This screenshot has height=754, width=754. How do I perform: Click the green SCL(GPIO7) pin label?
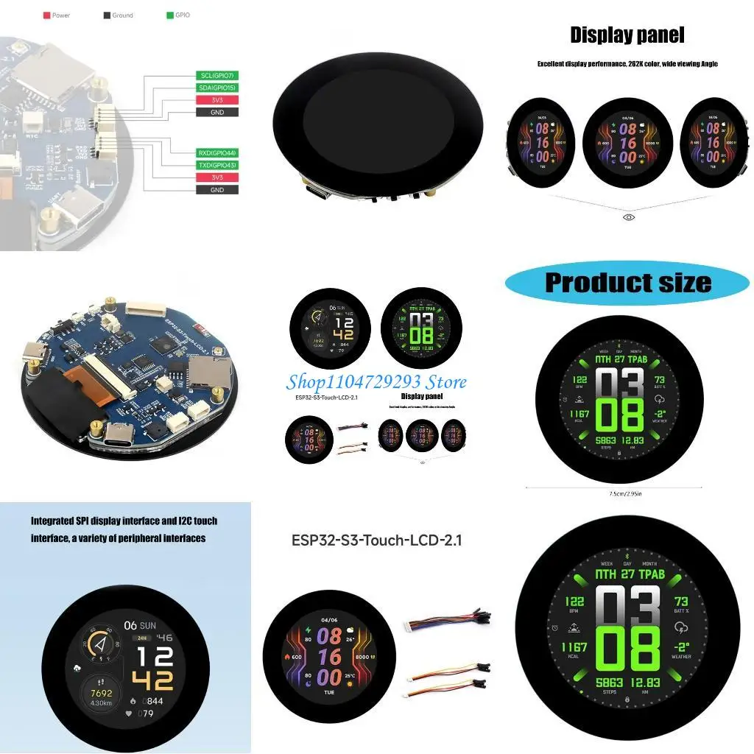pyautogui.click(x=217, y=75)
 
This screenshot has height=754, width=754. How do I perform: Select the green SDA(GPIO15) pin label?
pyautogui.click(x=217, y=88)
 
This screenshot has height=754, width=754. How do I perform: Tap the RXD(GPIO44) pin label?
pyautogui.click(x=217, y=153)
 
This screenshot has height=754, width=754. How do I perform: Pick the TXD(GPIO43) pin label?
pyautogui.click(x=217, y=165)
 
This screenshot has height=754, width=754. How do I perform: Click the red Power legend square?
pyautogui.click(x=46, y=15)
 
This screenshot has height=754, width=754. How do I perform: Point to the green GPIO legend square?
pyautogui.click(x=169, y=15)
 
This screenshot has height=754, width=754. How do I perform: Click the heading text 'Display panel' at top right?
pyautogui.click(x=627, y=35)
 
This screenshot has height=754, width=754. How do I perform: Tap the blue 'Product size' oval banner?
pyautogui.click(x=627, y=283)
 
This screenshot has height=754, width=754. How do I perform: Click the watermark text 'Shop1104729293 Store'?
pyautogui.click(x=376, y=381)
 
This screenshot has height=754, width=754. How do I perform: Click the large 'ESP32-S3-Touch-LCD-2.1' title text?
pyautogui.click(x=377, y=540)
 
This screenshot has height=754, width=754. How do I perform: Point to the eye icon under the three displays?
pyautogui.click(x=628, y=217)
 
